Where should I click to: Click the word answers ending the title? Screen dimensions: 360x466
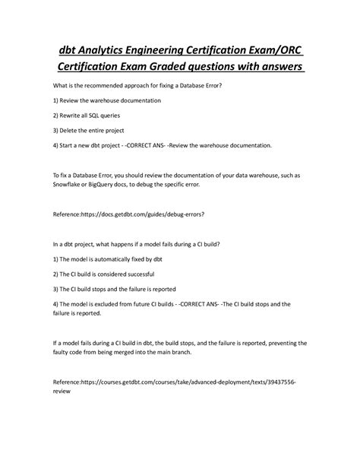277,69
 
